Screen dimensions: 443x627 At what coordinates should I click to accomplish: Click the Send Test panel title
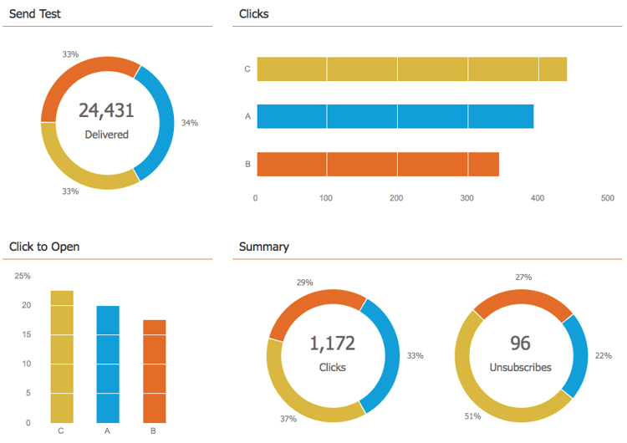click(34, 14)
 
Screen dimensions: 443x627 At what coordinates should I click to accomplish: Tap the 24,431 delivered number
click(106, 110)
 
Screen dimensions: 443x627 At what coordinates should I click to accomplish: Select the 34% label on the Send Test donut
click(189, 123)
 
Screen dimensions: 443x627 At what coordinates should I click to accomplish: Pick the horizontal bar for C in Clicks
click(411, 69)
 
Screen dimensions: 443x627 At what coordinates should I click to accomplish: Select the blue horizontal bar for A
click(395, 116)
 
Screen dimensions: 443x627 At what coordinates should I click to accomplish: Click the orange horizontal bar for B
click(377, 164)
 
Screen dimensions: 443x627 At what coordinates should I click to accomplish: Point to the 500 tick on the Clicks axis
click(608, 198)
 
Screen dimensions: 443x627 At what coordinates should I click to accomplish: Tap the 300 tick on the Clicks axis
click(466, 198)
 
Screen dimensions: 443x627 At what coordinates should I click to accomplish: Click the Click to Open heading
click(44, 247)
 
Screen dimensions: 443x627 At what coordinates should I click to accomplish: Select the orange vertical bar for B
click(154, 371)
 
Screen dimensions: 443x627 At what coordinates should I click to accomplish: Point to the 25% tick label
click(23, 276)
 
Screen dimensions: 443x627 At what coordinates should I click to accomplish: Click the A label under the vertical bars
click(108, 431)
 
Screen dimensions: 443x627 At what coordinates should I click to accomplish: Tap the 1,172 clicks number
click(332, 344)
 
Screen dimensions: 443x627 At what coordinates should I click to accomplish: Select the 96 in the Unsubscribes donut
click(521, 344)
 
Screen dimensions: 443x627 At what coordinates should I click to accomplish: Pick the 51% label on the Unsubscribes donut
click(473, 415)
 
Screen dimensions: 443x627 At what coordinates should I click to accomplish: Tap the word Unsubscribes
click(521, 367)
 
